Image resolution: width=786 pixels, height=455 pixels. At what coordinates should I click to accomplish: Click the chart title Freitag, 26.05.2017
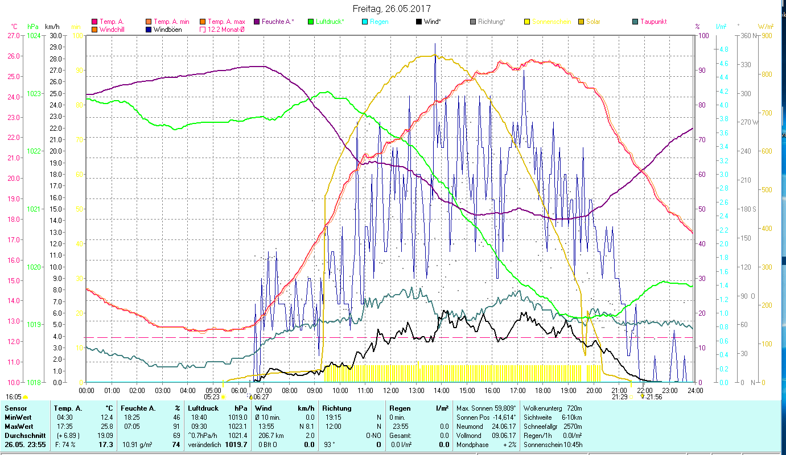pos(392,9)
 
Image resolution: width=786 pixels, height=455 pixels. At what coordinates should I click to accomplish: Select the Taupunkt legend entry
pos(653,22)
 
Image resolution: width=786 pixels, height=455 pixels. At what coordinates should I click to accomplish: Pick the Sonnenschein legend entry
pos(551,22)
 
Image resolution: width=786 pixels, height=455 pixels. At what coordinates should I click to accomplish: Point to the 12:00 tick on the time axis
pos(390,391)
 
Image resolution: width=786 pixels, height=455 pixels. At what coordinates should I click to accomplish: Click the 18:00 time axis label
pos(543,391)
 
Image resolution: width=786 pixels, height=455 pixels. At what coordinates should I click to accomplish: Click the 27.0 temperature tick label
pos(13,35)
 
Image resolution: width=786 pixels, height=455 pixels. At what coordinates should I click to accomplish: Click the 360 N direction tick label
pos(747,35)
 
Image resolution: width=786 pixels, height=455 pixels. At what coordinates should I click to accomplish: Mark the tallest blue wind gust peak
pos(435,44)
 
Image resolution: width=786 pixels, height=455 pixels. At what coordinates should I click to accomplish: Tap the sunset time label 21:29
pos(620,397)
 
